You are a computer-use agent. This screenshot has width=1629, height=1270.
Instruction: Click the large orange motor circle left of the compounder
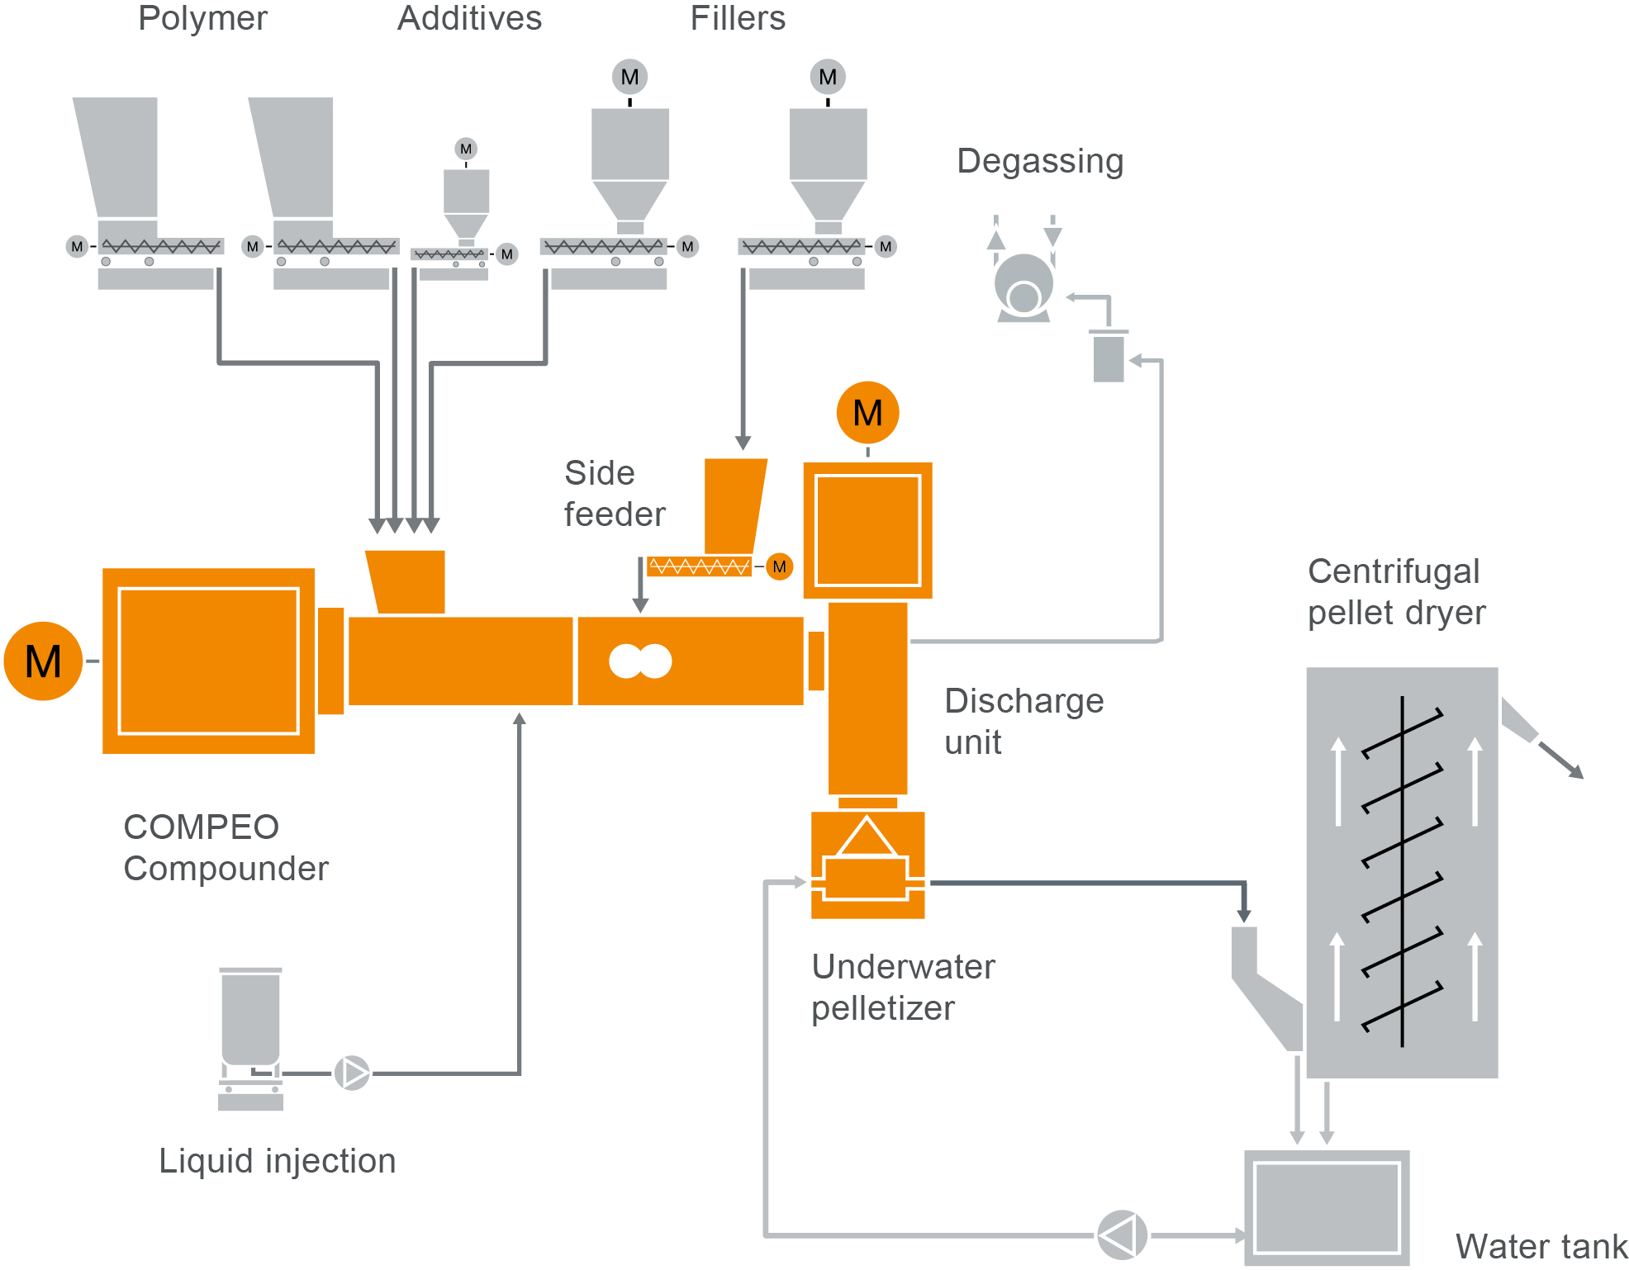(43, 661)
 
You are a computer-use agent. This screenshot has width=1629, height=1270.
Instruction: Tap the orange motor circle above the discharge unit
(867, 412)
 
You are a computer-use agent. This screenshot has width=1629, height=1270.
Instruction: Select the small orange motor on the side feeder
(779, 566)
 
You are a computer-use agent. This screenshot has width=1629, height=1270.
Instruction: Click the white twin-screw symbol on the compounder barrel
(640, 661)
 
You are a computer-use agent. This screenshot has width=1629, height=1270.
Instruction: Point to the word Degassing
(1040, 161)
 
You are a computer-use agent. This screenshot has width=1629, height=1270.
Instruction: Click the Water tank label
(1541, 1245)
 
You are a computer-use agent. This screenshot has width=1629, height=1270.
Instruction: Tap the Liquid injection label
(278, 1160)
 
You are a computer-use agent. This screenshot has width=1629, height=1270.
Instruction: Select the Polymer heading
(202, 18)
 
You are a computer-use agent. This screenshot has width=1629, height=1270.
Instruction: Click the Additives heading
(469, 18)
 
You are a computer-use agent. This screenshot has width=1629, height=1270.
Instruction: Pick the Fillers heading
(738, 18)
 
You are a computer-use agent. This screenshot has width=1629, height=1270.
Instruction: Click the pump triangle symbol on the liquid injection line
(353, 1073)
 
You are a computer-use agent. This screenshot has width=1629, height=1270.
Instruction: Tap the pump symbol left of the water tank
(1122, 1235)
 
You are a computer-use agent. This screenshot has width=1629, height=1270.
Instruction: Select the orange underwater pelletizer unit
(867, 865)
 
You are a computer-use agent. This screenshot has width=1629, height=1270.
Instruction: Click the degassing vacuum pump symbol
(1024, 285)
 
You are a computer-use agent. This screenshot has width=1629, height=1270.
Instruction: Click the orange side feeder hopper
(734, 505)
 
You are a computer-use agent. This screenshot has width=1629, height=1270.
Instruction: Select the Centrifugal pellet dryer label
(1396, 592)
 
